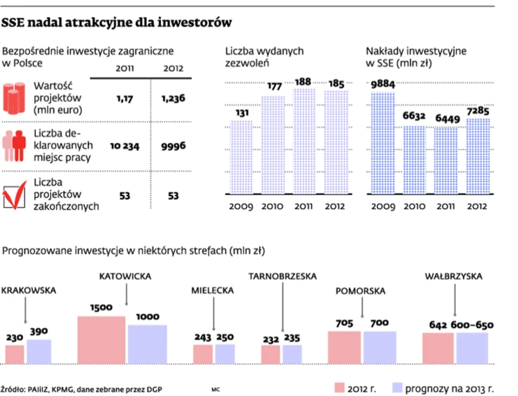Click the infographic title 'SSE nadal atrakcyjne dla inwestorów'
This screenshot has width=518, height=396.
[116, 24]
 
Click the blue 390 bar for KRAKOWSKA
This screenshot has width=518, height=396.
[39, 350]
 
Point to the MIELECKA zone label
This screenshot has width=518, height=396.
[212, 290]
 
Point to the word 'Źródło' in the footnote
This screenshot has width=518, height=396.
[14, 388]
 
